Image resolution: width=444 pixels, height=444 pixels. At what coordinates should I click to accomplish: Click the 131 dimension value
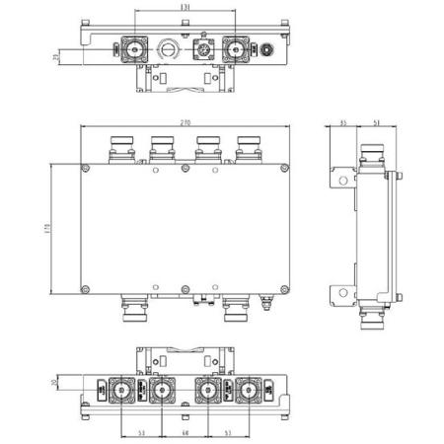pos(185,10)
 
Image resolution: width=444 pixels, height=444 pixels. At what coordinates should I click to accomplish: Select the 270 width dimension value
pos(185,122)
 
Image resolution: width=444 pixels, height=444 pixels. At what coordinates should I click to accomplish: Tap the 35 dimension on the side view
pos(342,122)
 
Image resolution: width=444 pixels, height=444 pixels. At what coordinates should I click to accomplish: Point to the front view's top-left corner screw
pos(87,172)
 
